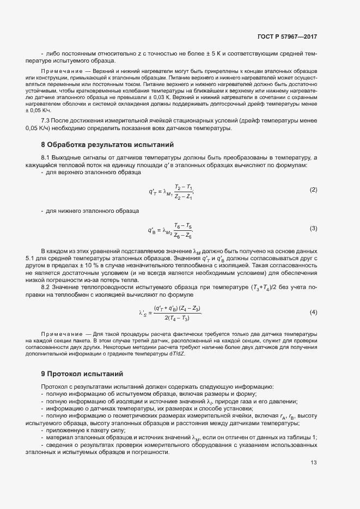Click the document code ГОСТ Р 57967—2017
[287, 37]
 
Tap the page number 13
[314, 463]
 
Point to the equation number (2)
[313, 189]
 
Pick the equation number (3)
[313, 229]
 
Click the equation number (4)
[313, 312]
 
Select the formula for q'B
[170, 230]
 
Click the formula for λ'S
[170, 313]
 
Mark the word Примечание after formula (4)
[60, 333]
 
